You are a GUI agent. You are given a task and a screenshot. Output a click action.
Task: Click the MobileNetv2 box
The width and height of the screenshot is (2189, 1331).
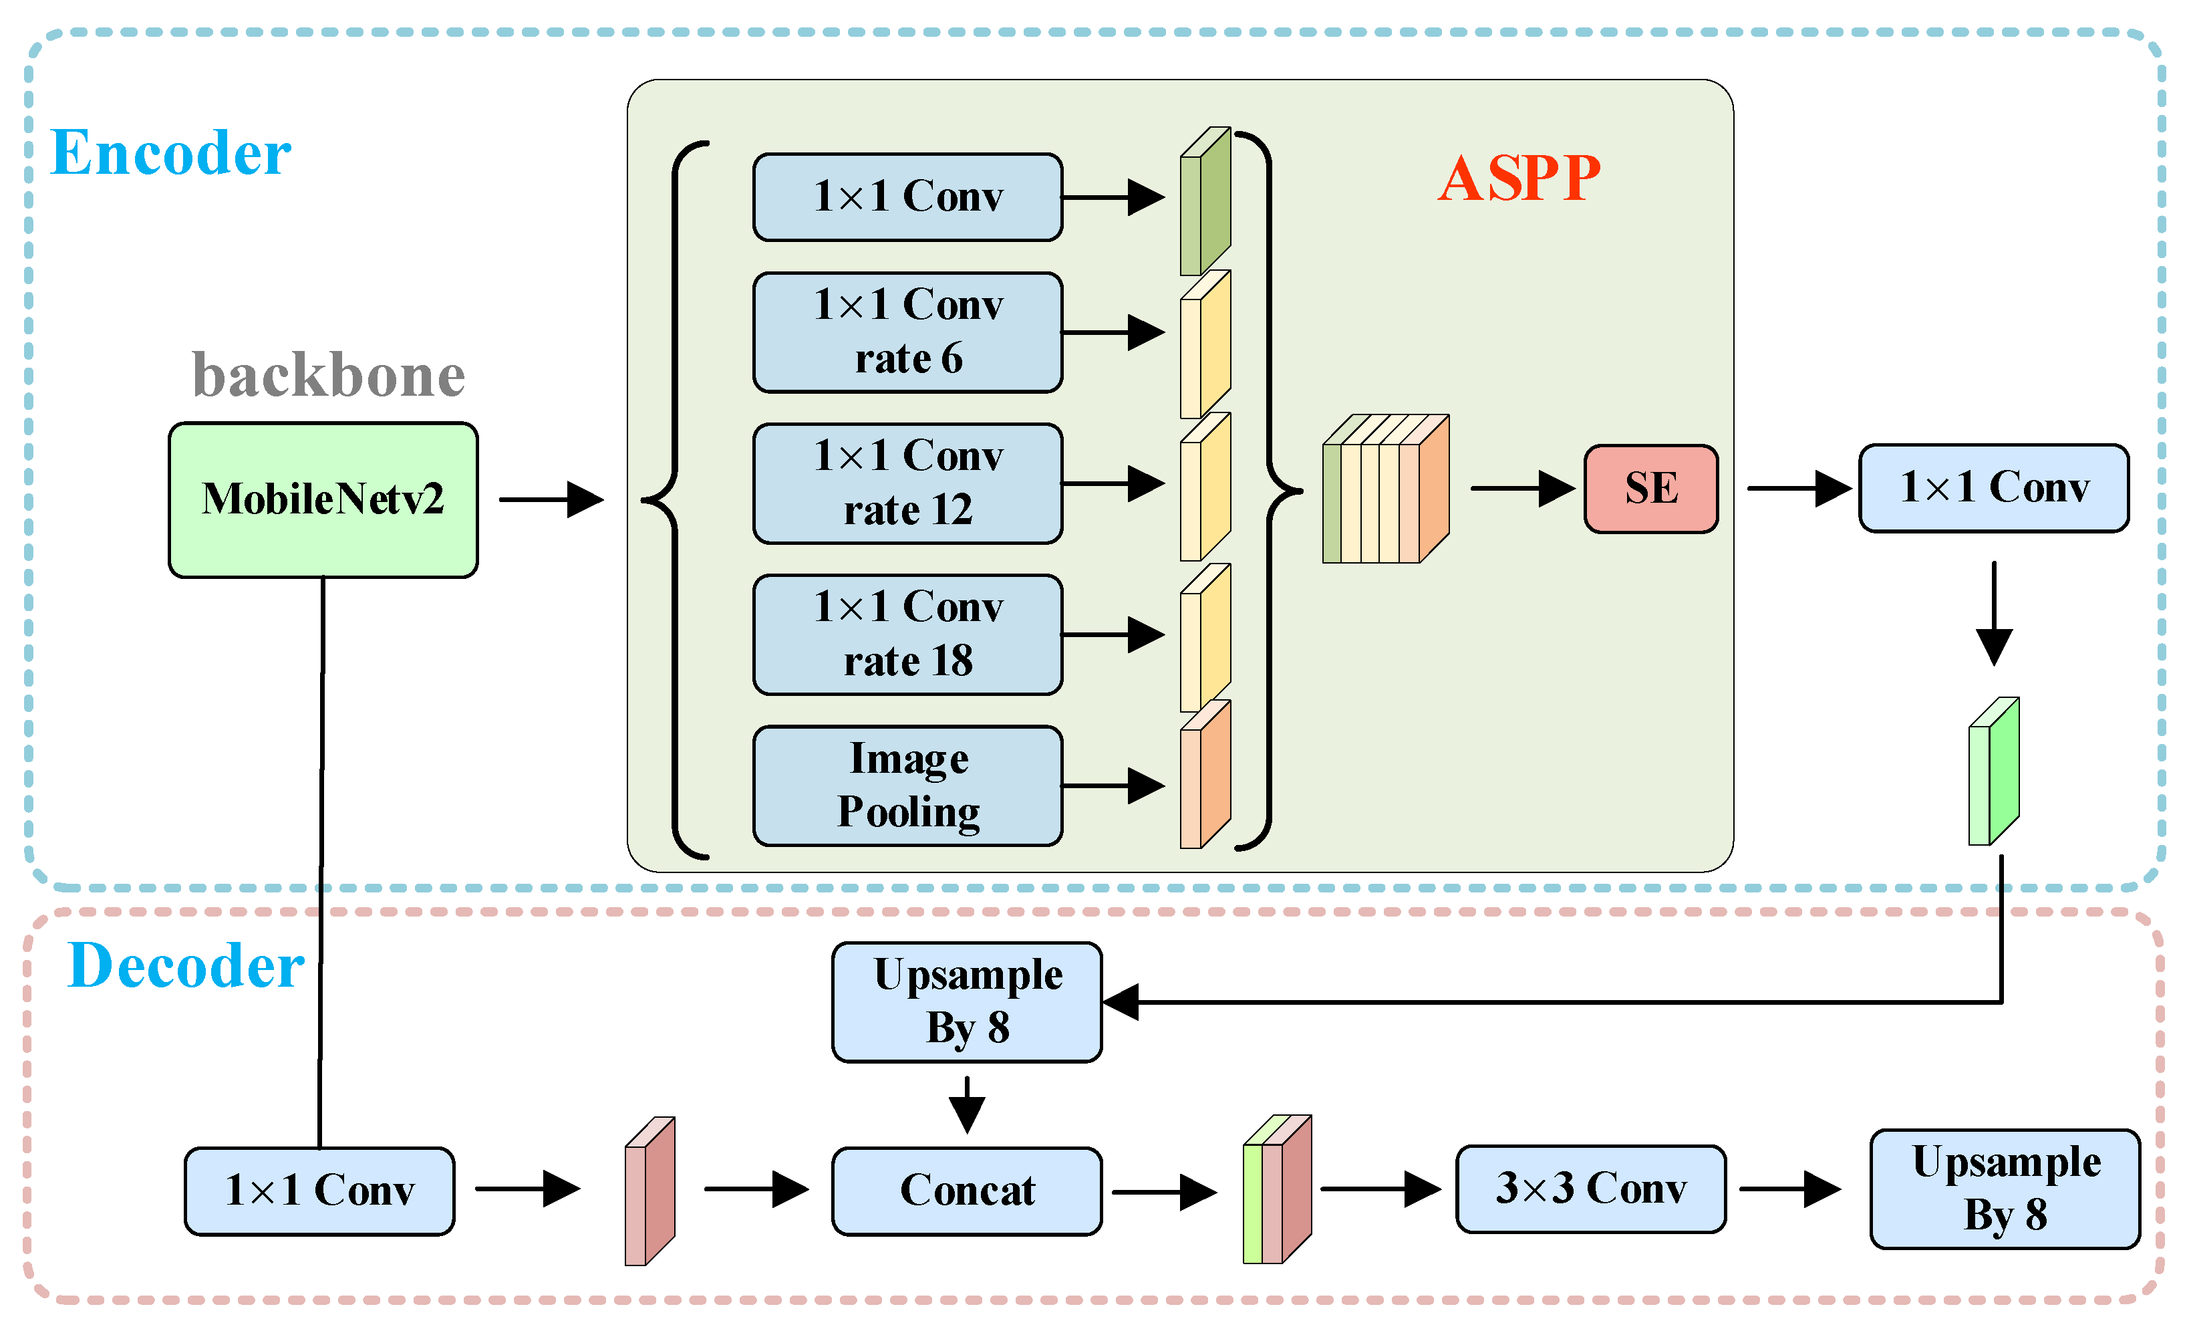click(x=323, y=499)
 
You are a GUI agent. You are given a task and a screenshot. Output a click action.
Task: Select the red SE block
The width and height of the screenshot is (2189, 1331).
click(x=1650, y=489)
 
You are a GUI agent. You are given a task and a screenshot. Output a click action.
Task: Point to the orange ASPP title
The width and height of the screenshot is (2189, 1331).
click(x=1519, y=178)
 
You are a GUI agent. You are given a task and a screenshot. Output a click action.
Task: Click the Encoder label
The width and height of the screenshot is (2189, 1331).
click(x=170, y=153)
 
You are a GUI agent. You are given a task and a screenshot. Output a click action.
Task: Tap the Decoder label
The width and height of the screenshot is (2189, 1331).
click(x=186, y=966)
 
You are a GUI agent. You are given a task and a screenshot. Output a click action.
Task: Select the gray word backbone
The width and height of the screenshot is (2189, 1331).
click(x=329, y=375)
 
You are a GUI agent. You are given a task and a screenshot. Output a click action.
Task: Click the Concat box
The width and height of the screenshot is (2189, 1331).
click(x=967, y=1191)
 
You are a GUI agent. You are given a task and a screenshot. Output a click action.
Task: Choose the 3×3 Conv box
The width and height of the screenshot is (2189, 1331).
click(x=1590, y=1189)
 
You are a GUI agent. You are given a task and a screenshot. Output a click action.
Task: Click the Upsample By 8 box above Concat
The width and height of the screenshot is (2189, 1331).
click(x=967, y=1002)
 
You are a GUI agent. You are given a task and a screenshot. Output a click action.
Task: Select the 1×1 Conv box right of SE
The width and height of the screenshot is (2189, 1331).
click(x=1994, y=489)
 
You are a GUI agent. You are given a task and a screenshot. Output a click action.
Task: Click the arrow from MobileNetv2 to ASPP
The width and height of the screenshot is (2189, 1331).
click(x=551, y=499)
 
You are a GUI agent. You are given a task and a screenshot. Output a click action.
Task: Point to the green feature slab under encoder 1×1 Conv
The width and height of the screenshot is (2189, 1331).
click(x=1994, y=771)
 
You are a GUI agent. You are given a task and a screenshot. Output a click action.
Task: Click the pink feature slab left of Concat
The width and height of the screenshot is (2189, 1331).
click(x=649, y=1191)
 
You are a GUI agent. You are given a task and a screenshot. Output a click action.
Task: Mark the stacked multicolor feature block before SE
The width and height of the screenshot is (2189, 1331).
click(x=1385, y=489)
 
